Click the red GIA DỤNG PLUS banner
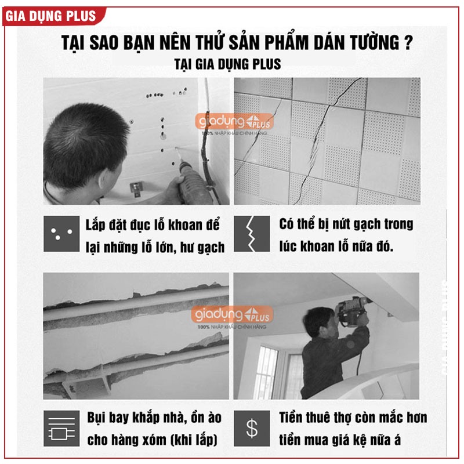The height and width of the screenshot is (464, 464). coord(53,16)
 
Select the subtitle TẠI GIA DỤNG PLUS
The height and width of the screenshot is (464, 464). coord(227,64)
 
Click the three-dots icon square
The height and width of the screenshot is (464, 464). coord(61,234)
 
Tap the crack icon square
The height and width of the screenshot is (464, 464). coord(252,234)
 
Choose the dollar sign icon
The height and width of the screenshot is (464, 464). coord(252,428)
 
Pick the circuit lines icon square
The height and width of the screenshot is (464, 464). coord(61,428)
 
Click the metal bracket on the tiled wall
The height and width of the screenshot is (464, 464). coord(136,188)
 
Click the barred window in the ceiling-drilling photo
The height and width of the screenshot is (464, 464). coord(266,371)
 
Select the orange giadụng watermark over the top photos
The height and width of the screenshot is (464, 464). coord(234,122)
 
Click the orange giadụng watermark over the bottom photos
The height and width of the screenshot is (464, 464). coord(232,315)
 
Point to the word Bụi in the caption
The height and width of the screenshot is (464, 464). coord(96,418)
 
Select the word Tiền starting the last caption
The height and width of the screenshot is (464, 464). coord(291,418)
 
